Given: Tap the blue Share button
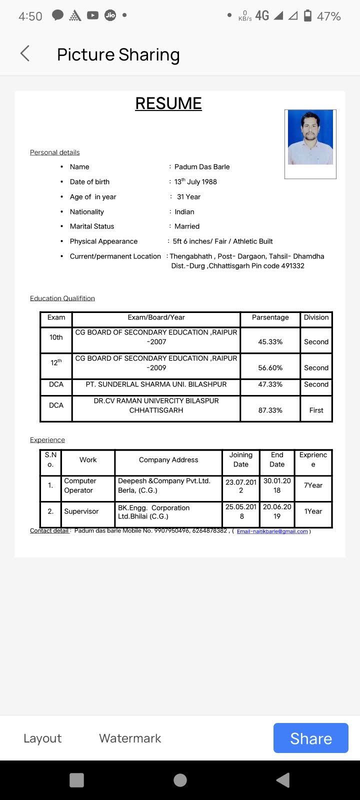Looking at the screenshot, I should pyautogui.click(x=310, y=738).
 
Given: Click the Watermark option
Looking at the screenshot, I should pyautogui.click(x=130, y=738).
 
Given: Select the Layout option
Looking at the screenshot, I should pyautogui.click(x=42, y=738).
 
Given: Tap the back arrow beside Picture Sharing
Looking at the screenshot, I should pyautogui.click(x=25, y=53).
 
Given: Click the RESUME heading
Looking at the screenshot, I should pyautogui.click(x=168, y=103).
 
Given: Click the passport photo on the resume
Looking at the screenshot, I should pyautogui.click(x=310, y=138).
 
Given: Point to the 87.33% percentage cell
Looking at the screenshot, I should pyautogui.click(x=270, y=410).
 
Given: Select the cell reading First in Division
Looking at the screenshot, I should pyautogui.click(x=316, y=410).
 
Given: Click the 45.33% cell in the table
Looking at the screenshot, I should pyautogui.click(x=270, y=342).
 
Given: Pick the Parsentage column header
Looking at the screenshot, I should pyautogui.click(x=270, y=317).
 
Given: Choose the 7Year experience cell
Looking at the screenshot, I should pyautogui.click(x=313, y=485).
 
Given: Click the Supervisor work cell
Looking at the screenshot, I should pyautogui.click(x=81, y=511).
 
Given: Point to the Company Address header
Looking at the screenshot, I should pyautogui.click(x=168, y=460).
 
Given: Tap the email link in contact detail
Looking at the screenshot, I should pyautogui.click(x=272, y=531).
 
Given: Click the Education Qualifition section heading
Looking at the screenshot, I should pyautogui.click(x=62, y=298).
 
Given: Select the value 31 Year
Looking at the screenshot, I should pyautogui.click(x=188, y=197).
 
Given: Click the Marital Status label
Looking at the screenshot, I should pyautogui.click(x=92, y=226).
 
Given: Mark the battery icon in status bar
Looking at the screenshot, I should pyautogui.click(x=308, y=16).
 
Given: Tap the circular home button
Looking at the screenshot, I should pyautogui.click(x=180, y=780).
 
